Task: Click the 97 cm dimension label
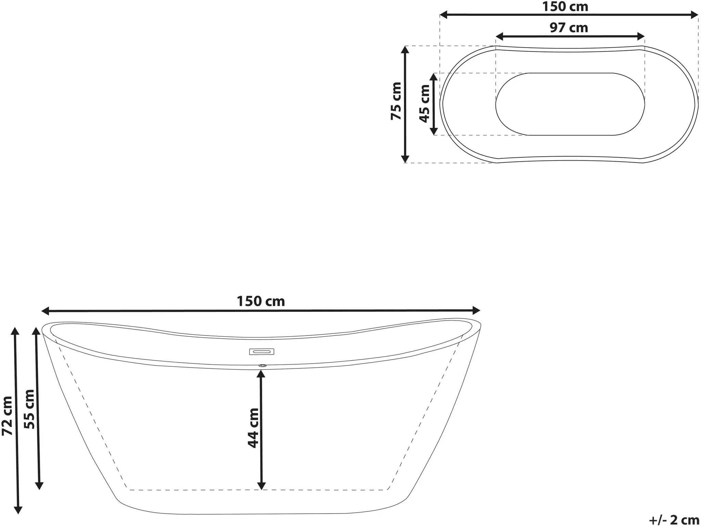569,28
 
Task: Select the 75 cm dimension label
396,101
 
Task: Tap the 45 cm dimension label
424,104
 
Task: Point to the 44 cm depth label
253,428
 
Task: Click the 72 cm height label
7,416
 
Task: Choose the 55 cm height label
29,409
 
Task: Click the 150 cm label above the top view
565,7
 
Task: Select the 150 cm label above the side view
261,301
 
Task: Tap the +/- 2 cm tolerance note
674,520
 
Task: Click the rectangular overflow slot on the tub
262,351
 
